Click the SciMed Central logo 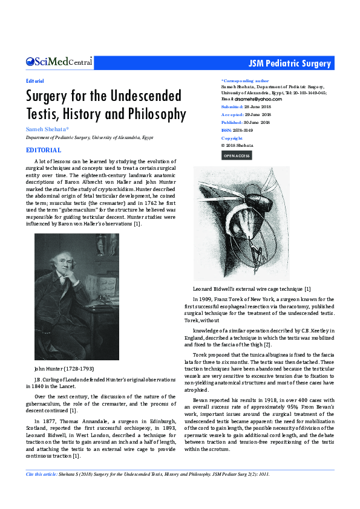(59, 62)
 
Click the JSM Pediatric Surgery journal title (290, 63)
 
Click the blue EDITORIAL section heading (44, 150)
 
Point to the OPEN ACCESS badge (237, 156)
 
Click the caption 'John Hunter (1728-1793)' (64, 368)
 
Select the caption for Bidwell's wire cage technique (252, 290)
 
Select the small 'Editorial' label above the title (35, 80)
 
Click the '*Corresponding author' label (245, 80)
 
